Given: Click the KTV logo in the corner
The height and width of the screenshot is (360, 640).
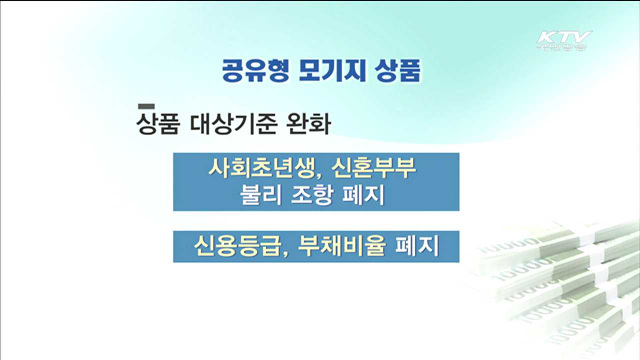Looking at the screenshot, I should (565, 42).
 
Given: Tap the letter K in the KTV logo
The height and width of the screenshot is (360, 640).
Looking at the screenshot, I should (547, 39).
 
